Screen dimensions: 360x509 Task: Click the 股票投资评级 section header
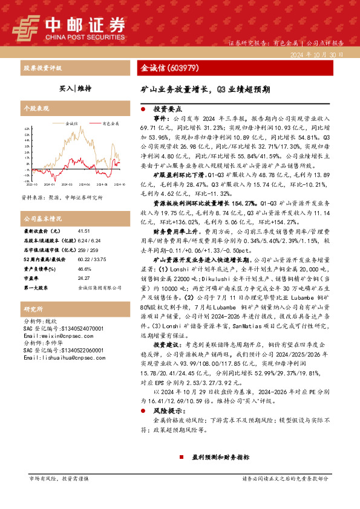(42, 68)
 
